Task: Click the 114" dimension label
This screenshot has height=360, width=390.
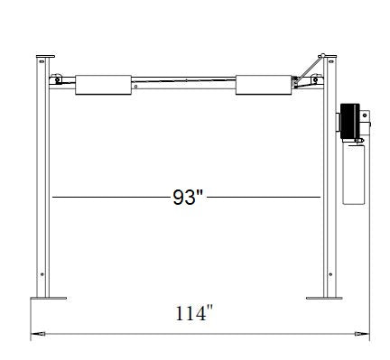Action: tap(195, 314)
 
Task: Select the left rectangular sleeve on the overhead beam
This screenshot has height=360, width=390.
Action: tap(105, 84)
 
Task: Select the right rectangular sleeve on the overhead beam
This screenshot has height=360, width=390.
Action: tap(262, 84)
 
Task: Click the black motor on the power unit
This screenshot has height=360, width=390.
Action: tap(348, 123)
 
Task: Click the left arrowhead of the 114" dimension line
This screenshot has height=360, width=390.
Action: tap(36, 335)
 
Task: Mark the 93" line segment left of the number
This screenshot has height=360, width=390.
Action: tap(108, 197)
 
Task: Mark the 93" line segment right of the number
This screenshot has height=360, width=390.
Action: tap(264, 197)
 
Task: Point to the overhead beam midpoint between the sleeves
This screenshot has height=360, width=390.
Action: tap(185, 80)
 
